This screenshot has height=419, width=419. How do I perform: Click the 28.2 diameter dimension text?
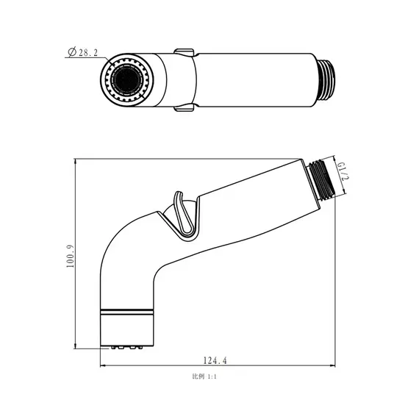88,52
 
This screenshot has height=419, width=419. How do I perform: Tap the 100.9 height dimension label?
70,256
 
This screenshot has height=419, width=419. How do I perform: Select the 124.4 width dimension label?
215,360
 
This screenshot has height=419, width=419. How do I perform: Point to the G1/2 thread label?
342,171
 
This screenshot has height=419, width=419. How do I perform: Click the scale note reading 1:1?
212,377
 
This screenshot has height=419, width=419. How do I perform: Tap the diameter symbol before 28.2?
72,52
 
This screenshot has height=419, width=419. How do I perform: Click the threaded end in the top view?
326,80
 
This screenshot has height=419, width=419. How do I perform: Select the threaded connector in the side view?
320,180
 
